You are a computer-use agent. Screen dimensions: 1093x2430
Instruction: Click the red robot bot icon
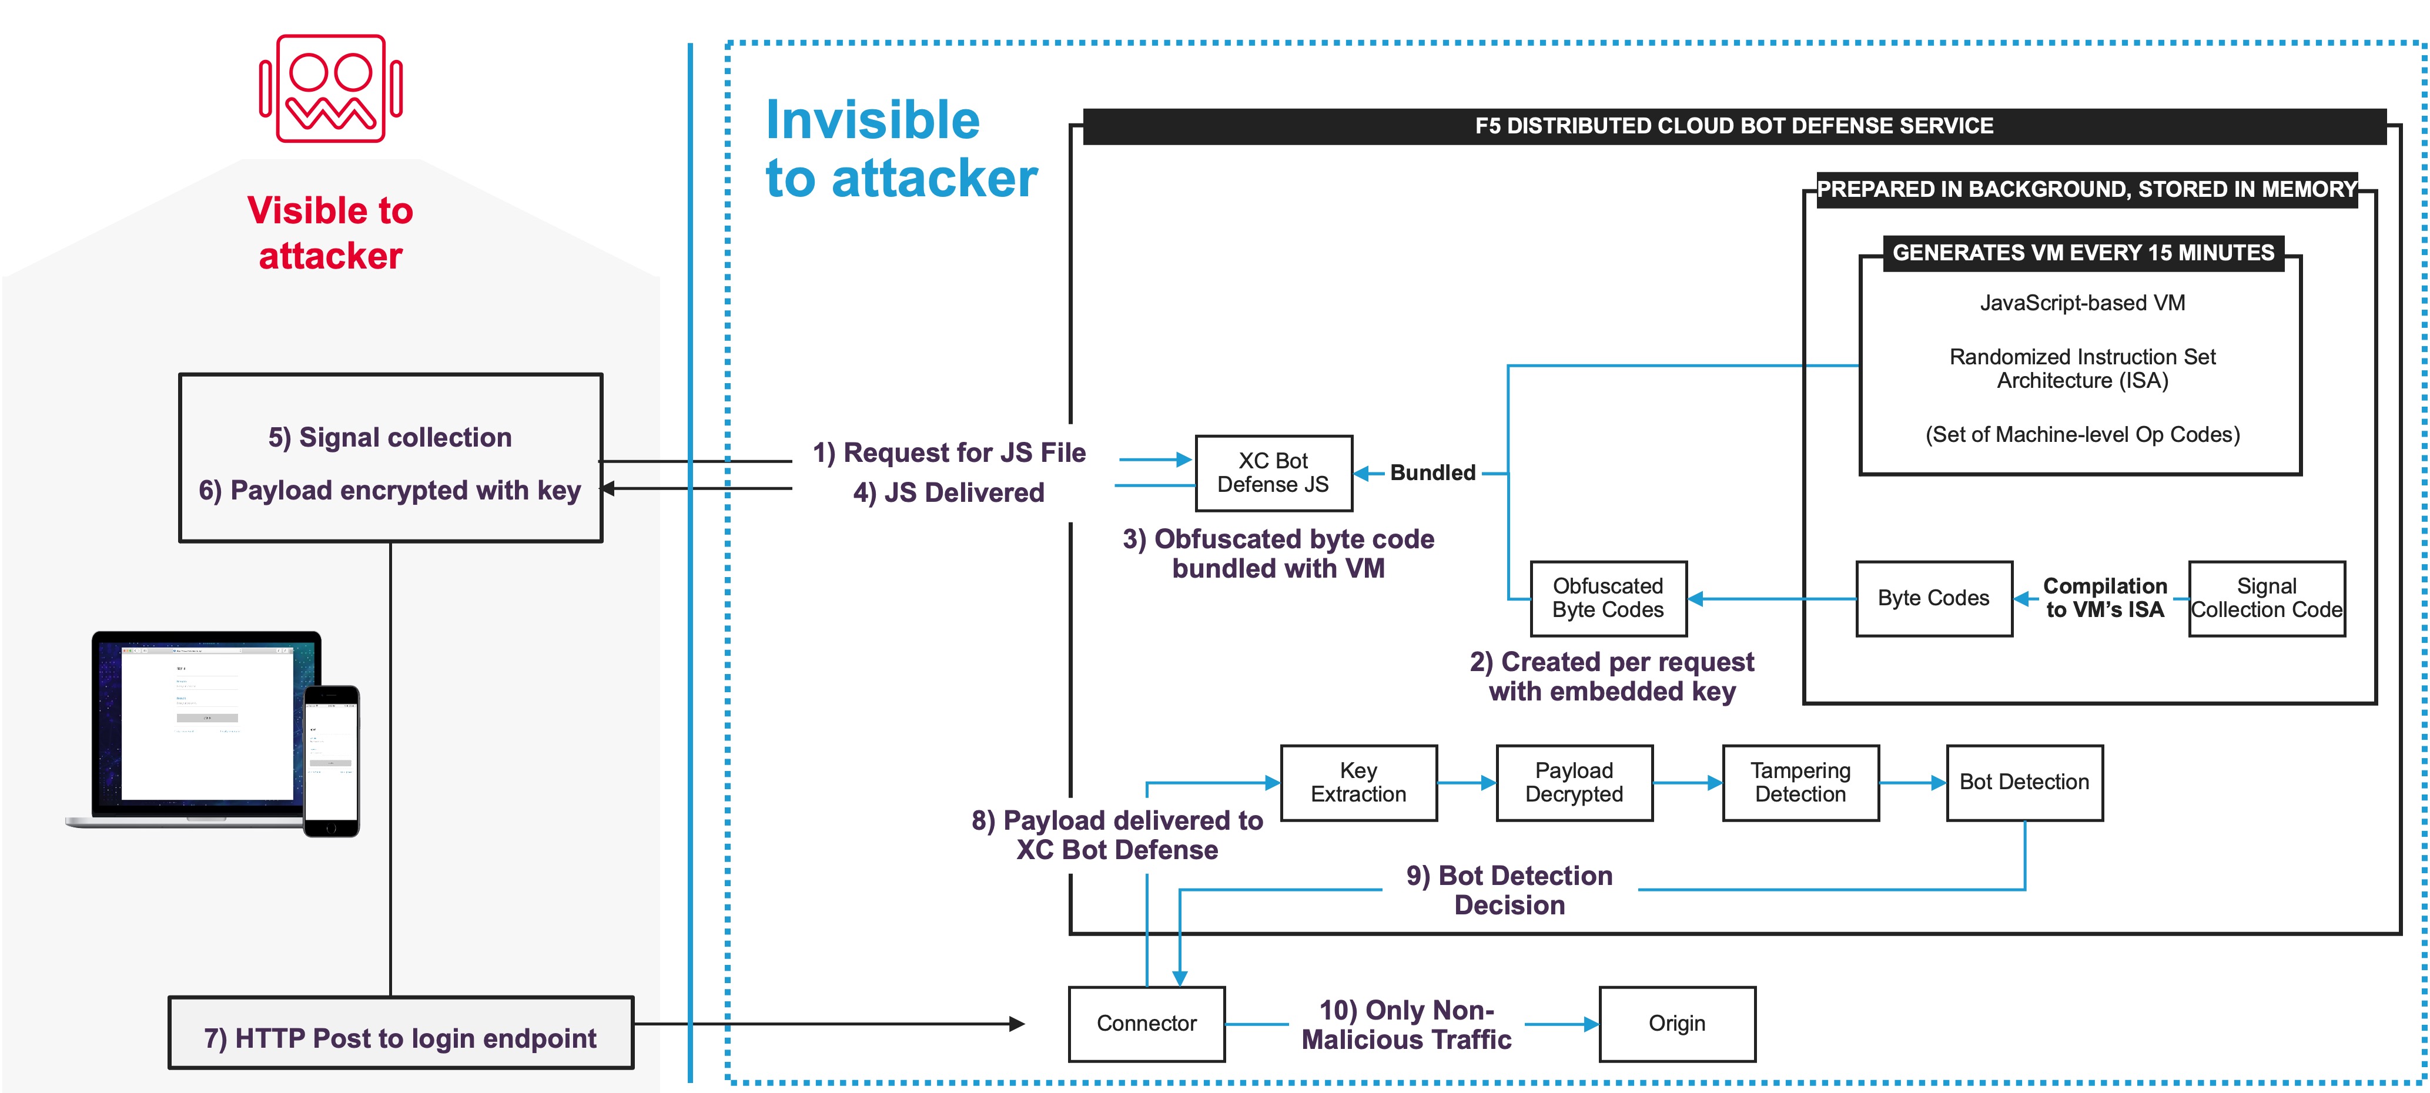coord(330,89)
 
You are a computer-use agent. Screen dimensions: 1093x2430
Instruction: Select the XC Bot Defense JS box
coord(1273,472)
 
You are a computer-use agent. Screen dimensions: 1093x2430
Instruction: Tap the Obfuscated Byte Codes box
coord(1608,598)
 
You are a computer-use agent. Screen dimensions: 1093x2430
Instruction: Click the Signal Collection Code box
coord(2266,598)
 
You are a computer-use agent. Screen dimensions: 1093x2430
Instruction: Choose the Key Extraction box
coord(1358,783)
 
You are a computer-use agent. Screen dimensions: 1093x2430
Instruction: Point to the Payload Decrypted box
coord(1574,783)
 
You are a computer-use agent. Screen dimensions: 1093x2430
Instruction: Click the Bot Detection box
coord(2024,783)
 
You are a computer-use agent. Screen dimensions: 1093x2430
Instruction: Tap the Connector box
coord(1146,1023)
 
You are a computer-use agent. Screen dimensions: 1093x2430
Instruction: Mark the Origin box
coord(1676,1023)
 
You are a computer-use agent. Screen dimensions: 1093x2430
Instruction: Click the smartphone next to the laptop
coord(331,760)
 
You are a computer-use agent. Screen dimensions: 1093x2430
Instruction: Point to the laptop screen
coord(206,722)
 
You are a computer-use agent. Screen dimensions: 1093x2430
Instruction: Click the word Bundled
coord(1432,472)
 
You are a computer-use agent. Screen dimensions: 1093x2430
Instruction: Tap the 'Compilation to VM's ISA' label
coord(2104,598)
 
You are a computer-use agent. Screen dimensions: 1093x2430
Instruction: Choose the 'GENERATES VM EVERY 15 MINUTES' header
coord(2083,253)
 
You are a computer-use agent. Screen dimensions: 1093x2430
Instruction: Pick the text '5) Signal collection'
coord(390,438)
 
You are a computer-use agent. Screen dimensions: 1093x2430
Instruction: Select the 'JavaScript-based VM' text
coord(2082,303)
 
